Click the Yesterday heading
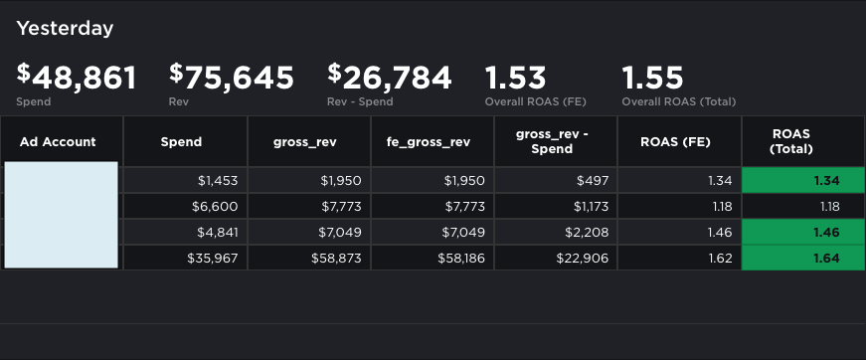pyautogui.click(x=65, y=28)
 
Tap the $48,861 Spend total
pyautogui.click(x=77, y=77)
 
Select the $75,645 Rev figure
pyautogui.click(x=232, y=77)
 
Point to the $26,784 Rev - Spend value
pyautogui.click(x=390, y=77)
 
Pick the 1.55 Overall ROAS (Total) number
pyautogui.click(x=652, y=77)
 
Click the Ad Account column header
pyautogui.click(x=58, y=141)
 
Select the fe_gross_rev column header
pyautogui.click(x=428, y=141)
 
